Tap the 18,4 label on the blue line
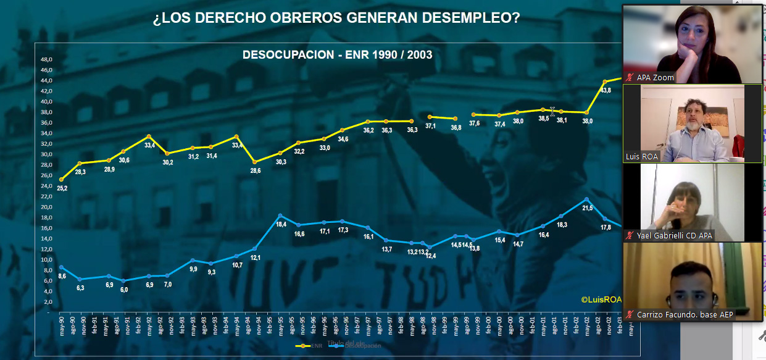(280, 224)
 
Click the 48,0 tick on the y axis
(46, 60)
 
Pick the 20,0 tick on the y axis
(46, 207)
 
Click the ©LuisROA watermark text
(601, 299)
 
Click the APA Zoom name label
(655, 78)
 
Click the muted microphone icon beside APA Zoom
(630, 78)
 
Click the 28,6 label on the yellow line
(253, 170)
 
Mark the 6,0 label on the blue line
(124, 289)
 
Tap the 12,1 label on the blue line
(254, 257)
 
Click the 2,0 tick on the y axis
(47, 302)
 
